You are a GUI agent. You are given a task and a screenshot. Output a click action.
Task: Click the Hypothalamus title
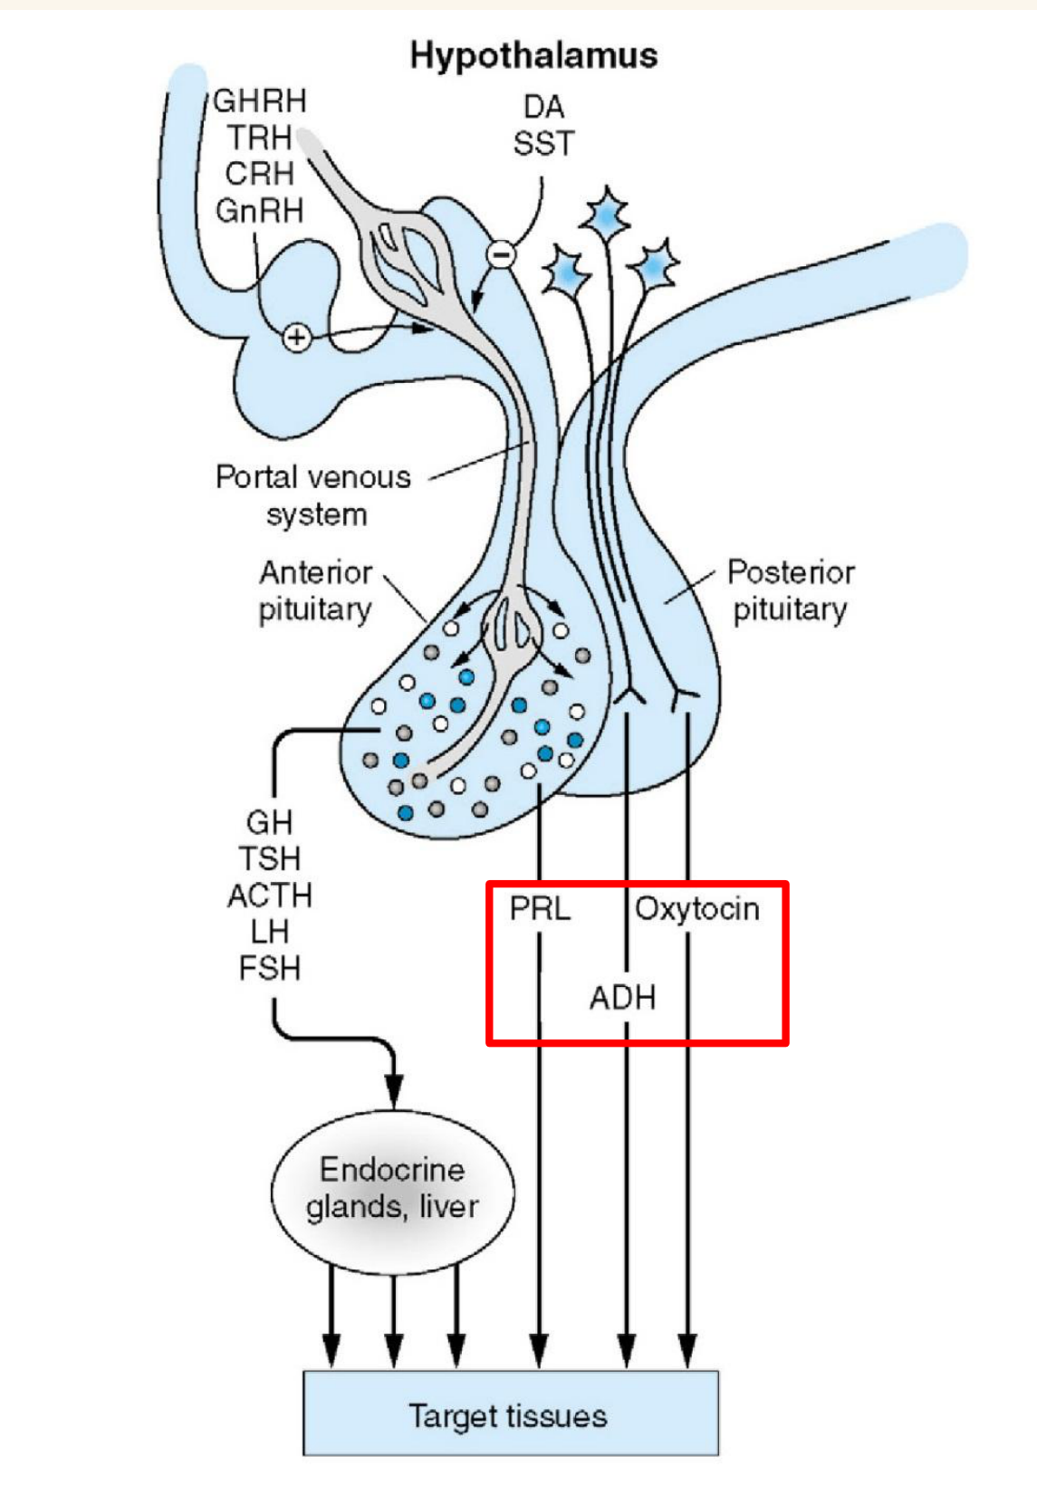point(533,56)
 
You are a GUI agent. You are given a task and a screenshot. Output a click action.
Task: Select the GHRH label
point(260,101)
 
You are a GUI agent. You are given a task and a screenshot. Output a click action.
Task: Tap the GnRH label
point(260,211)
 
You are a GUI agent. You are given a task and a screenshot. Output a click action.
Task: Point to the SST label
point(543,143)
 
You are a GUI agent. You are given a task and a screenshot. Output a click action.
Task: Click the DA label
point(543,107)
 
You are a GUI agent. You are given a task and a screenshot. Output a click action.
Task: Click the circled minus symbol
point(501,254)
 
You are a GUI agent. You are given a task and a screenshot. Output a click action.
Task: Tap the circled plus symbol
point(297,338)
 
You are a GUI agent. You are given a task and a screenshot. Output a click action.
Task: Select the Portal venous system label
point(313,495)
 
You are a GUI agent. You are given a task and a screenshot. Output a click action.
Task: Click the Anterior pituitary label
point(315,590)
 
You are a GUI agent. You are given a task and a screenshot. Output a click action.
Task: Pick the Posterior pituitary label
point(791,590)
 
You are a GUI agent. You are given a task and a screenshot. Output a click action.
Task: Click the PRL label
point(541,908)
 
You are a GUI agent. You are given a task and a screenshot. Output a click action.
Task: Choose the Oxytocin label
point(697,909)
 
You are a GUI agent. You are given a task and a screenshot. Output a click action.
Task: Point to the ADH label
point(622,997)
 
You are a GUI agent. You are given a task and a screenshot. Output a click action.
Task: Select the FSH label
point(270,968)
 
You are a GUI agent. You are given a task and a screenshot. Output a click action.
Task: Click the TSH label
point(270,859)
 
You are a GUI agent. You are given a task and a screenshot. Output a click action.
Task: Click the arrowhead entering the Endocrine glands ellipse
point(394,1093)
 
